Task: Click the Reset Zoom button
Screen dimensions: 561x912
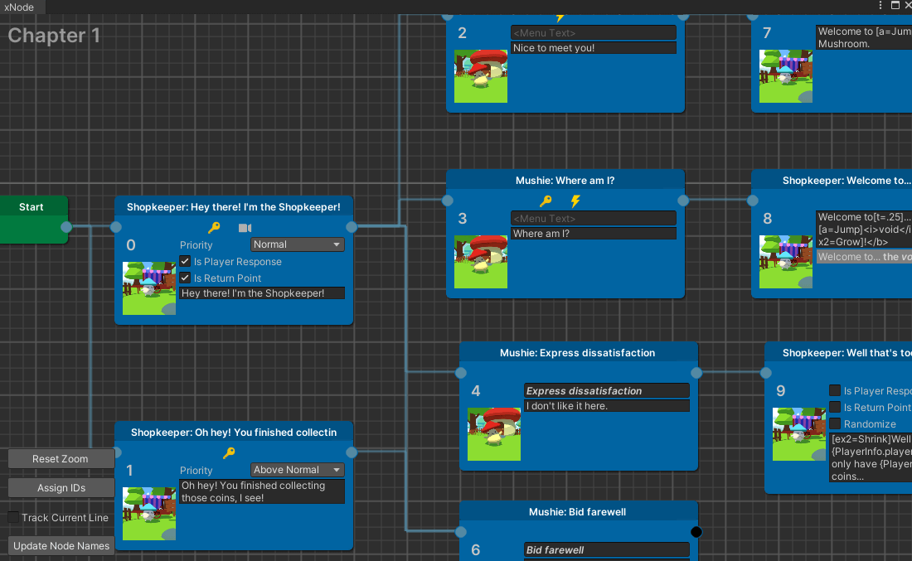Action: point(61,459)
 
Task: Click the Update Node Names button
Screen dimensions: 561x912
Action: point(61,545)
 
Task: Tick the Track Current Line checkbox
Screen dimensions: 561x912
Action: point(13,517)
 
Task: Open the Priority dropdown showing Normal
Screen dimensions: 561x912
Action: point(297,244)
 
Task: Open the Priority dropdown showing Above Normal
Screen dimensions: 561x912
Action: point(297,470)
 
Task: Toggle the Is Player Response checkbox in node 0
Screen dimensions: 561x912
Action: point(186,262)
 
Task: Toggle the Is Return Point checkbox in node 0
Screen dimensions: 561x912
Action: point(186,278)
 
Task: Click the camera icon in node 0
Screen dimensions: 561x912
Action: point(245,228)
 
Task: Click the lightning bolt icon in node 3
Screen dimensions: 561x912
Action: point(575,201)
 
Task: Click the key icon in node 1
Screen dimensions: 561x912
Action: point(230,452)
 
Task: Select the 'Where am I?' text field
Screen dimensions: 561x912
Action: point(593,234)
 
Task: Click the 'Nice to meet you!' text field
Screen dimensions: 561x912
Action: point(593,48)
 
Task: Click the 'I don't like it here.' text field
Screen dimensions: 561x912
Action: point(607,406)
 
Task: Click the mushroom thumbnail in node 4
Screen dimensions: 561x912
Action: point(494,433)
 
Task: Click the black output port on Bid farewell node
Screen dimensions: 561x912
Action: point(696,532)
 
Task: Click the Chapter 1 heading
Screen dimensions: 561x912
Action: point(54,36)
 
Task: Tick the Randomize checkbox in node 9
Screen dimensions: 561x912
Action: point(835,423)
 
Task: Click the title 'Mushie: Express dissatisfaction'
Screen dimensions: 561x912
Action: point(578,353)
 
